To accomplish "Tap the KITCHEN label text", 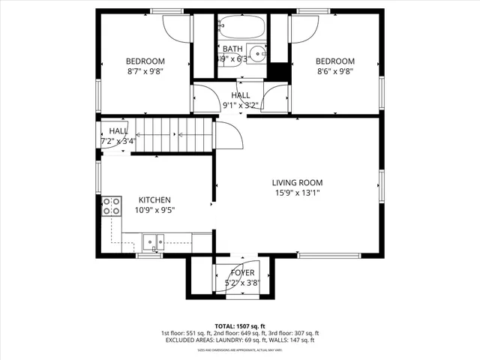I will pos(154,200).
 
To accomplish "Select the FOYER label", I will pos(242,273).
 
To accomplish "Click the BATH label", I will pos(232,49).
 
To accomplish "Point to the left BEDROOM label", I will pos(145,61).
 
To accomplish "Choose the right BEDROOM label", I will pos(334,61).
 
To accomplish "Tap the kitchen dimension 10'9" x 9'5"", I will pos(154,211).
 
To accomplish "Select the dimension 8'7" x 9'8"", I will pos(145,71).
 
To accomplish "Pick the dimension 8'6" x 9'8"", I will pos(334,71).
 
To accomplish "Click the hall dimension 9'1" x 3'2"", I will pos(241,106).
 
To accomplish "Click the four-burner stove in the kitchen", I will pos(112,206).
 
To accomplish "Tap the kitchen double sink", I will pos(155,241).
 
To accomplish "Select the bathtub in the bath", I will pos(241,29).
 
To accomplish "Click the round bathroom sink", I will pos(259,53).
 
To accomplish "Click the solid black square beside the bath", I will pos(279,70).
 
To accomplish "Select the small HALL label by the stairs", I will pos(118,130).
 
